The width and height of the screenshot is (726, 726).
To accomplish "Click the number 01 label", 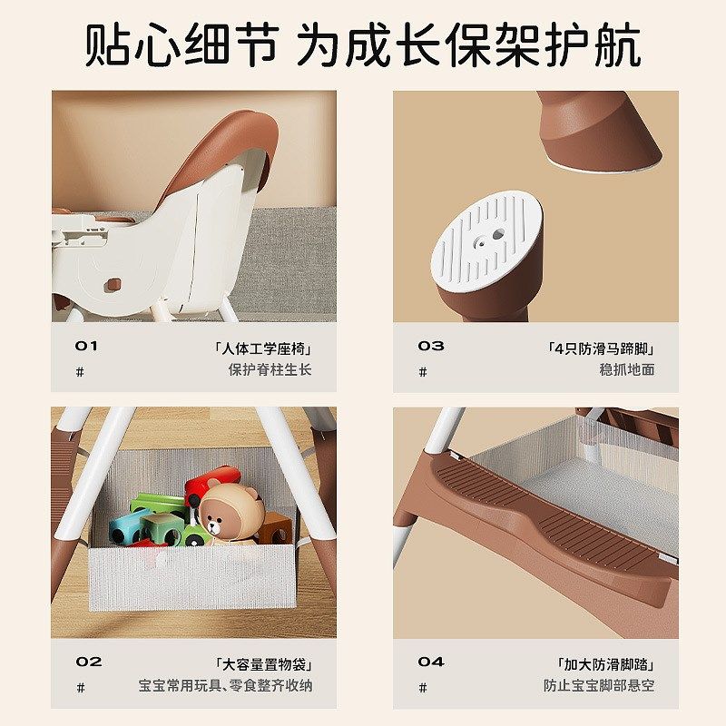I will pos(86,346).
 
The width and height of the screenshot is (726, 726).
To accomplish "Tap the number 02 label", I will pos(89,662).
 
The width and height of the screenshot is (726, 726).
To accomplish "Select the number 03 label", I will pos(431,346).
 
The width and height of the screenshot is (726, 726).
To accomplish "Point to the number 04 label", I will pos(431,662).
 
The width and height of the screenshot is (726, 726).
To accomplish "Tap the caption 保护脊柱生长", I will pos(270,369).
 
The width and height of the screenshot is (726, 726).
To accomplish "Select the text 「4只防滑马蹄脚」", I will pos(601,348).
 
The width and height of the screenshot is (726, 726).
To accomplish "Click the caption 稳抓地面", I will pos(626,369).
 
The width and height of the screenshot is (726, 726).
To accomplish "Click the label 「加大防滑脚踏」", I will pos(605,664).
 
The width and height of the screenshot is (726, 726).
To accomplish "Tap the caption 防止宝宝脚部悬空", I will pos(599,686).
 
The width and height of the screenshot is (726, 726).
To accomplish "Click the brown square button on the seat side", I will pos(113,284).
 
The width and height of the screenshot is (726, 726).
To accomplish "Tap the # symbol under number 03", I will pos(422,371).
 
